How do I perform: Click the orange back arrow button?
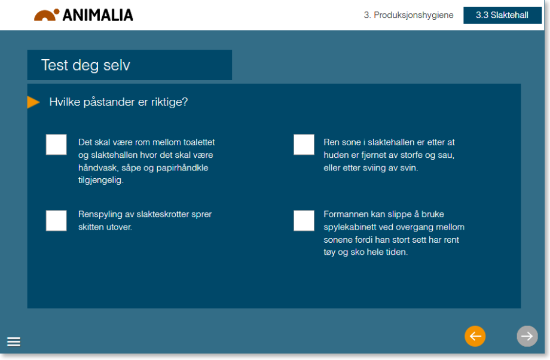(x=475, y=336)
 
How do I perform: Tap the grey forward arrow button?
(x=527, y=336)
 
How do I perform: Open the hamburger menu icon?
(x=14, y=341)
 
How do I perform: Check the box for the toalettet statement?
(x=56, y=145)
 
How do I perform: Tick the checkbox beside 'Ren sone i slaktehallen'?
(x=304, y=145)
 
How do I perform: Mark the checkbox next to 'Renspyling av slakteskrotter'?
(x=56, y=221)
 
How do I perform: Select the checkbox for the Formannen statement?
(x=304, y=221)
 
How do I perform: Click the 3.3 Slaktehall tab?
(x=502, y=15)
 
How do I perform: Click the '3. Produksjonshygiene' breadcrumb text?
(x=409, y=15)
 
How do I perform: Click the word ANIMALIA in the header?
(x=98, y=15)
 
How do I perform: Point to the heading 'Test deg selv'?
(x=85, y=65)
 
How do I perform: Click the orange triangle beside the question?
(x=33, y=102)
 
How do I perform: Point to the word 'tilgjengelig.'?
(x=101, y=181)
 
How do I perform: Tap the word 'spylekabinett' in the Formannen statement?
(x=349, y=227)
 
